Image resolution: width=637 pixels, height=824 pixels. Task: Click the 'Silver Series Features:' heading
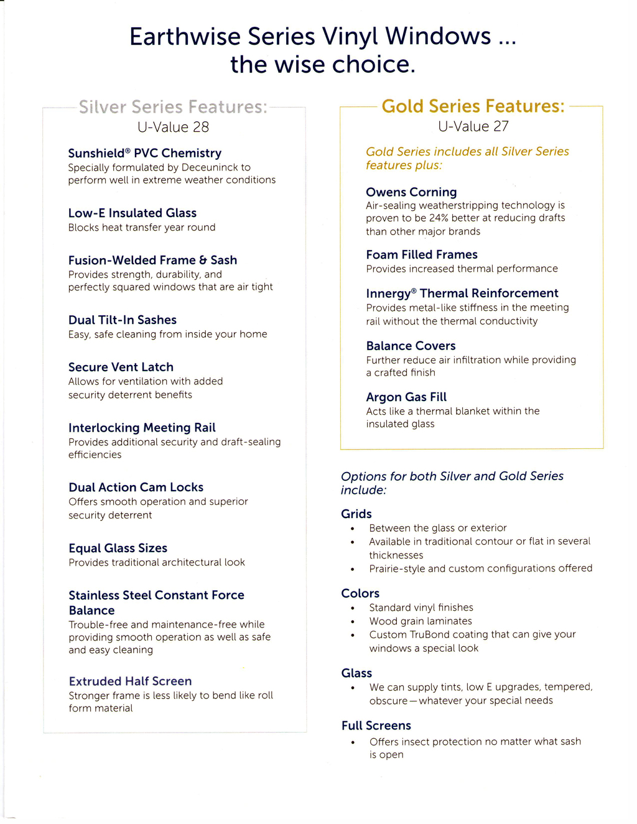tap(173, 107)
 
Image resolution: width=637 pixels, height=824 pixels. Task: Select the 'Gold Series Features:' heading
tap(473, 106)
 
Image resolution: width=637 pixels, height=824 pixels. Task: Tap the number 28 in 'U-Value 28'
tap(200, 127)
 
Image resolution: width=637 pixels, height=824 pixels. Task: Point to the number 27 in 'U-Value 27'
tap(501, 127)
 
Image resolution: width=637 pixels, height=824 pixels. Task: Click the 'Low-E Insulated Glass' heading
tap(132, 213)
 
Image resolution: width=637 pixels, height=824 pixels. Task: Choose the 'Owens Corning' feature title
tap(411, 192)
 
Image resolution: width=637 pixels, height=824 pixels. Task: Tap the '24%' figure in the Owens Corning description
tap(439, 218)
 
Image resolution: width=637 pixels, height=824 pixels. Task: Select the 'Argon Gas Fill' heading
tap(406, 397)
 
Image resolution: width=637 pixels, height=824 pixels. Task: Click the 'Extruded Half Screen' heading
tap(130, 681)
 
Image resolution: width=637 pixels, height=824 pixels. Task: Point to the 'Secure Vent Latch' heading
tap(121, 367)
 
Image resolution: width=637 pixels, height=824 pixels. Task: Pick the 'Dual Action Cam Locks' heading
tap(136, 487)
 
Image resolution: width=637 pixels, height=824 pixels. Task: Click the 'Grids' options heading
tap(356, 514)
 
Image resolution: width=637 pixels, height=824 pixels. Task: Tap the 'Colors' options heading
tap(360, 593)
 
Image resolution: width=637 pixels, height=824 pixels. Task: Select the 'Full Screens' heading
tap(376, 726)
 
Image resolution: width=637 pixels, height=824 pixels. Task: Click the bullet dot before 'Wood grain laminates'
tap(353, 622)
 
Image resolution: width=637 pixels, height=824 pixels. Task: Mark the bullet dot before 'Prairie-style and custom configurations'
tap(353, 569)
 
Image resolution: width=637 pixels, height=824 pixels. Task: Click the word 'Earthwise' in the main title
tap(185, 37)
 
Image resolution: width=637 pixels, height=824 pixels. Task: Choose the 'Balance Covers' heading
tap(411, 346)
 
